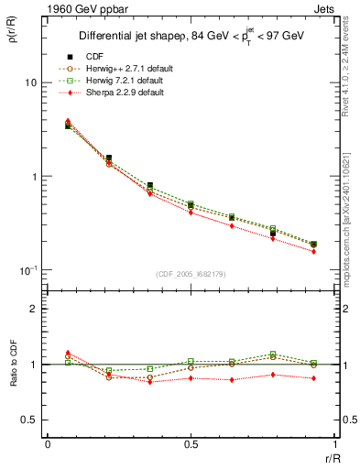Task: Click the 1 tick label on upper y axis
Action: [x=32, y=177]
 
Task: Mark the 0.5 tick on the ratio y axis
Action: [x=28, y=420]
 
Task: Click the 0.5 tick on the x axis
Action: [x=191, y=445]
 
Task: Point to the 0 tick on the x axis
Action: [x=48, y=445]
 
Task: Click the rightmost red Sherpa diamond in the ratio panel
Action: [x=314, y=377]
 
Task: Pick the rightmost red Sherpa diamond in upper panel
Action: [x=314, y=251]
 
